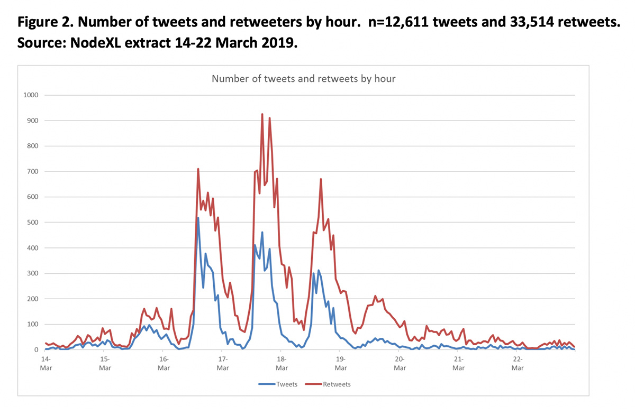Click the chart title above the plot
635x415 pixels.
304,79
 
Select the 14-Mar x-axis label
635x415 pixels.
47,363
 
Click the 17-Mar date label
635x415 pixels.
223,363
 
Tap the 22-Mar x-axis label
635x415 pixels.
518,363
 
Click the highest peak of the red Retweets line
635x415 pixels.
262,114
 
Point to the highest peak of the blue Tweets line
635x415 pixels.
198,218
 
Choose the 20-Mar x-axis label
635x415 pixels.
400,363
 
